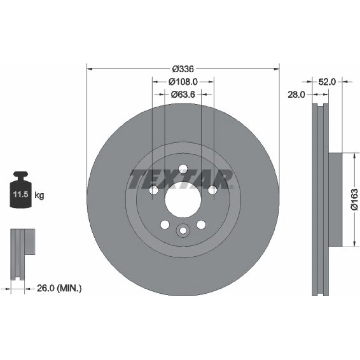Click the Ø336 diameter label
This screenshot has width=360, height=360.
point(183,69)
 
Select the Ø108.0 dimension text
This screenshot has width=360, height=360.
point(183,81)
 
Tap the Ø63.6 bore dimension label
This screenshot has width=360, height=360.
point(183,94)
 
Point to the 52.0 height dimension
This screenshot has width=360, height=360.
point(327,81)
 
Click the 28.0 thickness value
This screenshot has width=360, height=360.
point(296,94)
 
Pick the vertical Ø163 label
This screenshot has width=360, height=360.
point(354,199)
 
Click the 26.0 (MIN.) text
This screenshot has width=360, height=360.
point(59,288)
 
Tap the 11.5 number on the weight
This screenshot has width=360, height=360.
point(21,194)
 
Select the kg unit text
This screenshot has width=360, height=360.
point(39,195)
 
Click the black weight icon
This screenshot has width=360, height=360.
point(21,190)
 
